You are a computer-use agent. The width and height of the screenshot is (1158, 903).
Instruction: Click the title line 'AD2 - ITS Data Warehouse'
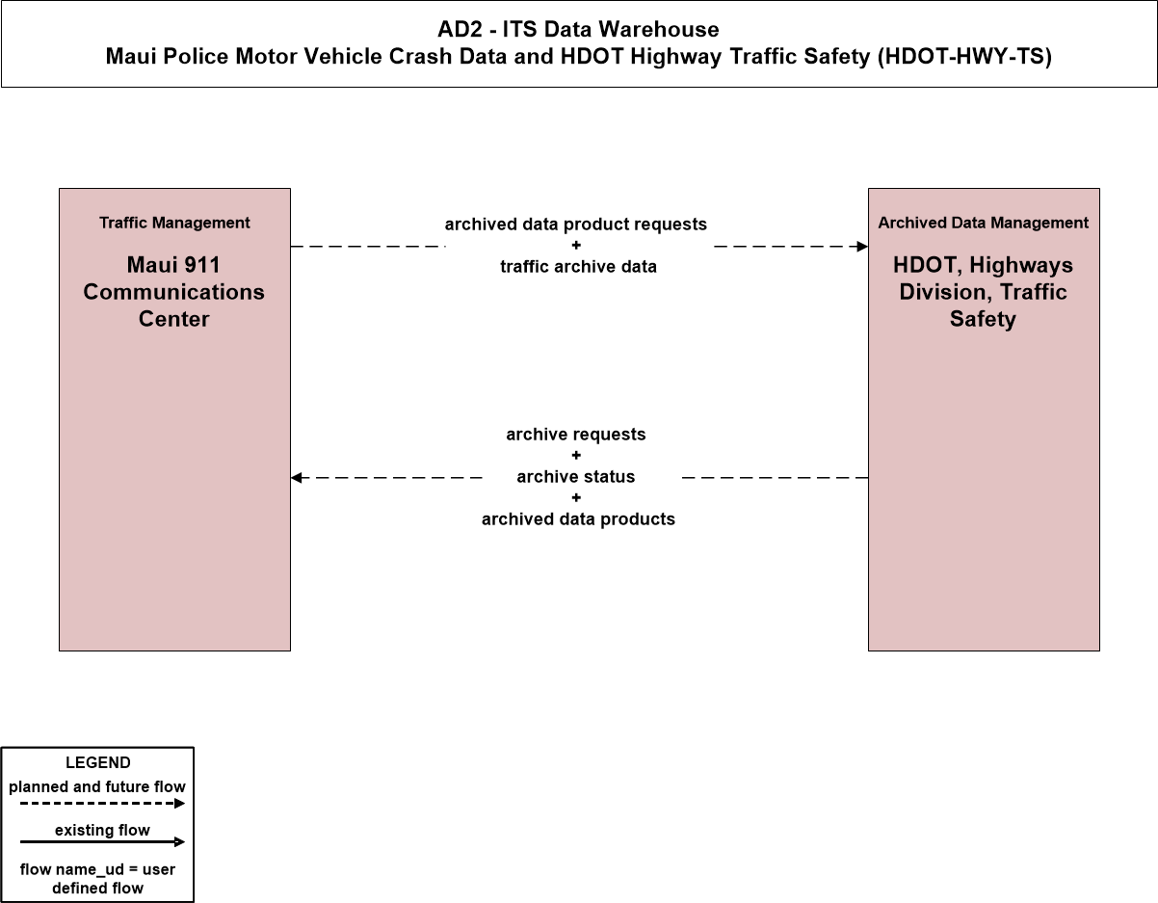click(x=578, y=29)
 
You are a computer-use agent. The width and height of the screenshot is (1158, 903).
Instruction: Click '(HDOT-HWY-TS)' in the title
click(x=964, y=57)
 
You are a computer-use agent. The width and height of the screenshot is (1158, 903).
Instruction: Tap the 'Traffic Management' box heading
click(x=174, y=223)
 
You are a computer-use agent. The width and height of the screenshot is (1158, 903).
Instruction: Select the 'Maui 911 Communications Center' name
click(x=173, y=292)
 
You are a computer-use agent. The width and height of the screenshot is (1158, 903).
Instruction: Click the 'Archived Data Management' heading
click(x=984, y=223)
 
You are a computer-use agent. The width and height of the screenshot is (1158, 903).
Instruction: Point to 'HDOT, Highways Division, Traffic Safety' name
click(x=984, y=292)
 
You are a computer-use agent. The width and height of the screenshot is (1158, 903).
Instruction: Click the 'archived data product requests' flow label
click(x=575, y=225)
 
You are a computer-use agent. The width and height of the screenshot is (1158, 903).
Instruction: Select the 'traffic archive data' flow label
click(x=578, y=267)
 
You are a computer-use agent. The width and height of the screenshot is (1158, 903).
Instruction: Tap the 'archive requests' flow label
click(x=575, y=435)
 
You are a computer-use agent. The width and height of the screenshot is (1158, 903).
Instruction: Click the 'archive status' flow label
click(x=575, y=476)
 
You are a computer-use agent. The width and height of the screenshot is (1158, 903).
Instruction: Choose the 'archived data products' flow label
click(x=578, y=519)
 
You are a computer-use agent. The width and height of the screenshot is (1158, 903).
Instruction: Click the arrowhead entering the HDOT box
click(x=862, y=247)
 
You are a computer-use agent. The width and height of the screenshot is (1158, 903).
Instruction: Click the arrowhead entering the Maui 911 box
click(x=297, y=478)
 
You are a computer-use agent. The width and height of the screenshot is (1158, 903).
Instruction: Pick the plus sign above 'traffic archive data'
click(x=576, y=245)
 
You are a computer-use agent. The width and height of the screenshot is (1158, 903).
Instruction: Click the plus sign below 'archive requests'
click(x=576, y=455)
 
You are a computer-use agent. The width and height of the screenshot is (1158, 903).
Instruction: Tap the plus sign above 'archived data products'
click(x=576, y=497)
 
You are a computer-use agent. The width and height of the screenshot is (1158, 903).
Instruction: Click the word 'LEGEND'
click(x=98, y=763)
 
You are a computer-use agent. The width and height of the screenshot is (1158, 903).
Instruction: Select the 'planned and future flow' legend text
click(x=97, y=786)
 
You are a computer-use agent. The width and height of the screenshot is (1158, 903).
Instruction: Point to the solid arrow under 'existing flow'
click(x=102, y=842)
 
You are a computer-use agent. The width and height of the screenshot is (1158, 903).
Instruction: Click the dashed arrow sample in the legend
click(x=102, y=804)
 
